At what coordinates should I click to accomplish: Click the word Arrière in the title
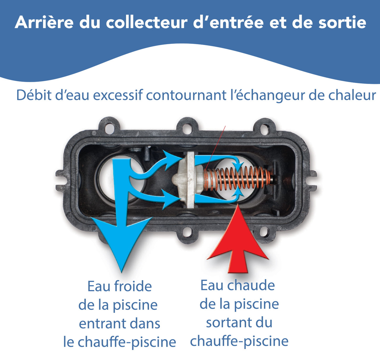(44, 22)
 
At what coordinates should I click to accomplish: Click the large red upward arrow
(238, 243)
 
